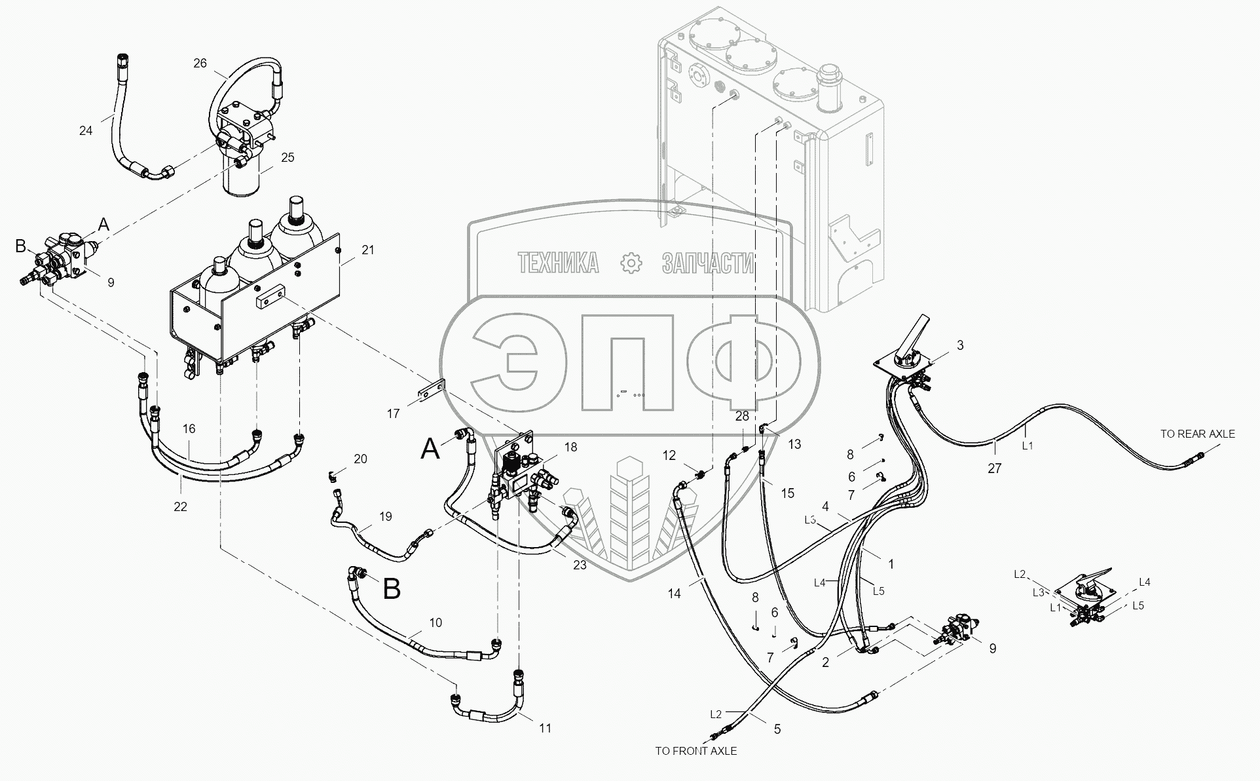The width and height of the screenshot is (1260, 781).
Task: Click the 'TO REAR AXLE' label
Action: (1197, 434)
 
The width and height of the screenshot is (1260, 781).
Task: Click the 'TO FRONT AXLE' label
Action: (695, 751)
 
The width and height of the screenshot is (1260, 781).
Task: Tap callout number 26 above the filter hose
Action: (200, 63)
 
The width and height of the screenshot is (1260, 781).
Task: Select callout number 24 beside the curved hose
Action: (86, 130)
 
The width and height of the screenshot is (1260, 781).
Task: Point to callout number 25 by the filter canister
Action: (287, 157)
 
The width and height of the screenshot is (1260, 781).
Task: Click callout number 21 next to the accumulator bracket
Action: (368, 250)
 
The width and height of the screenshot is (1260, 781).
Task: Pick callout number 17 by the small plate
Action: (393, 413)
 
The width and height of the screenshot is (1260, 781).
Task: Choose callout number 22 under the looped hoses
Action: (180, 506)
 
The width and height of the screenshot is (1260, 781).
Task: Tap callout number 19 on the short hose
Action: (385, 516)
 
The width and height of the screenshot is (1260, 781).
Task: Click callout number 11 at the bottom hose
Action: (545, 728)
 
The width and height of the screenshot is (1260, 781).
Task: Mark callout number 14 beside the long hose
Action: (674, 594)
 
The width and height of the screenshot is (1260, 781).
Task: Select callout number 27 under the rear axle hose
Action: (994, 468)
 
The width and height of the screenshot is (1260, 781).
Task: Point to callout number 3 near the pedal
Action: (960, 345)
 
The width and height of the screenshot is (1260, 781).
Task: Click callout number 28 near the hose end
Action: (742, 417)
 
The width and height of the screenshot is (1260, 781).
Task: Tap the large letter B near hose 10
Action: (392, 589)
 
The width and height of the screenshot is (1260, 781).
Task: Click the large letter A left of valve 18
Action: (430, 449)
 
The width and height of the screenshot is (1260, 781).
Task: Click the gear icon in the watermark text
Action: (630, 263)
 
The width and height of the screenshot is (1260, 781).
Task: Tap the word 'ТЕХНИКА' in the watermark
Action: (558, 263)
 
